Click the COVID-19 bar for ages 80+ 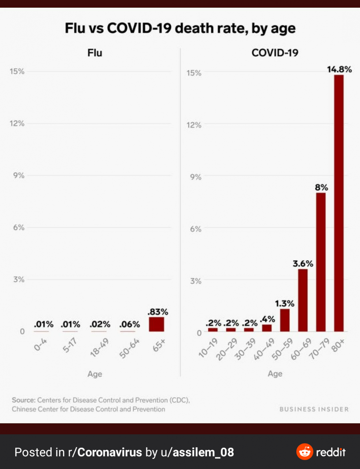(339, 203)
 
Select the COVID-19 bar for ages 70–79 (321, 262)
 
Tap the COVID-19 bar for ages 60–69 (303, 300)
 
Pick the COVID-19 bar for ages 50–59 (285, 320)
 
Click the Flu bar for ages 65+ (156, 324)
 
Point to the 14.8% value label (339, 69)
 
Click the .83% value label (157, 312)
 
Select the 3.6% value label (303, 263)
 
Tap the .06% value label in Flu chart (130, 324)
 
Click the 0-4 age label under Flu (40, 345)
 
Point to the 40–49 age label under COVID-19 (264, 349)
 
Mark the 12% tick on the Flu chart (17, 123)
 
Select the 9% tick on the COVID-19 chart (196, 177)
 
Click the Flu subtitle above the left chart (94, 53)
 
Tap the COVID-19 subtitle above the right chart (275, 53)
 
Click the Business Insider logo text (314, 409)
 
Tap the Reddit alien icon (304, 452)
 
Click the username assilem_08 (203, 452)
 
